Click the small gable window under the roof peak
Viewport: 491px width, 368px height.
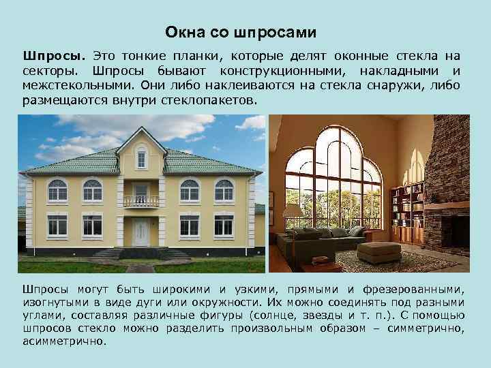141,158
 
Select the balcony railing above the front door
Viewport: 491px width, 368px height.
141,201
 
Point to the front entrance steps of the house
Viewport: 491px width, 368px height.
140,253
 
